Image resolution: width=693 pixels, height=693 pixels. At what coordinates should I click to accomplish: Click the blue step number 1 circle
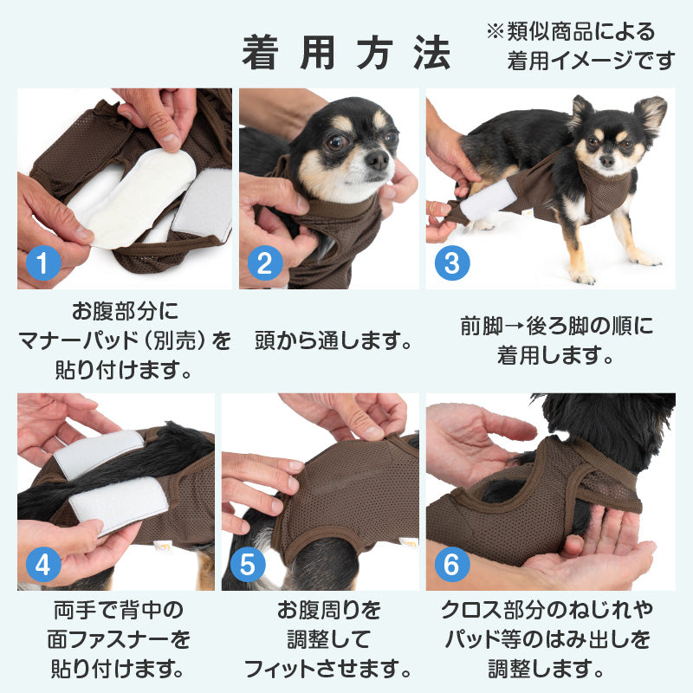click(42, 263)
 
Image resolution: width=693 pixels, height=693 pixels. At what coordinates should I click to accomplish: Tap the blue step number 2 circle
click(265, 263)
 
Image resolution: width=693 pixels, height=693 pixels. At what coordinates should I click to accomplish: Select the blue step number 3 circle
click(452, 263)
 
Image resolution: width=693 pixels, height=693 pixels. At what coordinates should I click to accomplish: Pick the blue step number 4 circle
click(42, 565)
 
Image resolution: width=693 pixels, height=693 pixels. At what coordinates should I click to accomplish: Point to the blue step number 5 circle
click(248, 565)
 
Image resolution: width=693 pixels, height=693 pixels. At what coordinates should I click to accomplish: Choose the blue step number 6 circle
click(452, 565)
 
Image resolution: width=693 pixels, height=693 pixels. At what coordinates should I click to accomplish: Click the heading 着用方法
click(346, 53)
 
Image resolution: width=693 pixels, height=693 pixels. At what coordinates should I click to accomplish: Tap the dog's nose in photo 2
click(379, 160)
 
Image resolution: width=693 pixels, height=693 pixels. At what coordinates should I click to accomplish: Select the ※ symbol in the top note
click(495, 31)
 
